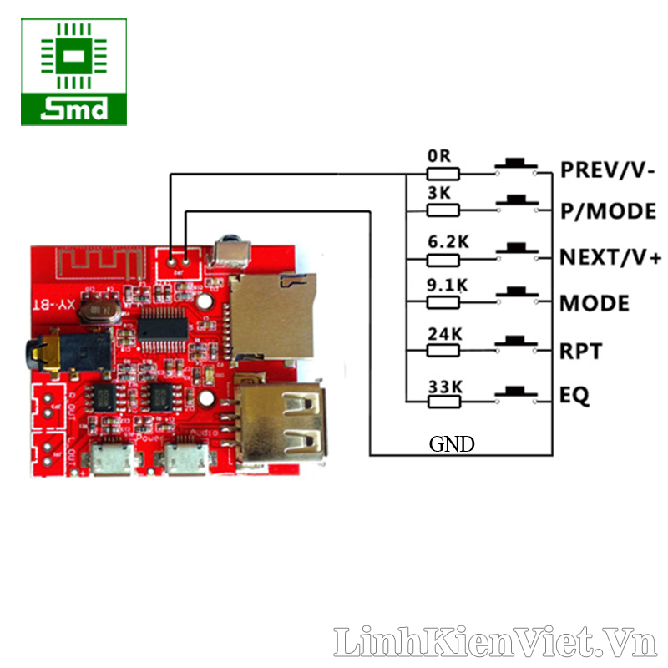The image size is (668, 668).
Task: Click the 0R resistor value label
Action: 440,156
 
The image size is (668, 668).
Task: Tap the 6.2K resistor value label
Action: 448,241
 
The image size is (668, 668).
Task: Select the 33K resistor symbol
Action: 443,402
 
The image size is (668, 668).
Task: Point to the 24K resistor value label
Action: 444,333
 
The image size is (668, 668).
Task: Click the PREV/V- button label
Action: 608,170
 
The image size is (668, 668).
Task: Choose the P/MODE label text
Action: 608,211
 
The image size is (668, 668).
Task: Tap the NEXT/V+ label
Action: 610,257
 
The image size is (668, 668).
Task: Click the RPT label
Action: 581,351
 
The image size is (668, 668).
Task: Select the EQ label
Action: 575,396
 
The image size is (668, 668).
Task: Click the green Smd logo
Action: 74,73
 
